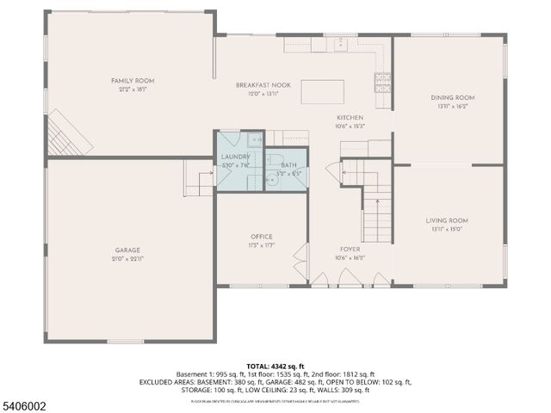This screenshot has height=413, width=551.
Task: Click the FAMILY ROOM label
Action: point(133,81)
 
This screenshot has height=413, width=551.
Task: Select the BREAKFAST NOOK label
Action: point(263,85)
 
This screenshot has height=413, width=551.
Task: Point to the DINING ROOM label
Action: point(452,97)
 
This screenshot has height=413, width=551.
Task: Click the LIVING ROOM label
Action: point(446,220)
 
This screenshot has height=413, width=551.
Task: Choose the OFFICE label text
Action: point(262,237)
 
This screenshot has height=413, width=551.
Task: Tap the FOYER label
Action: point(350,249)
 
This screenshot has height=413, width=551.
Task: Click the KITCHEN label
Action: point(350,118)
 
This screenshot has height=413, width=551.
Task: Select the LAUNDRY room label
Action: point(235,156)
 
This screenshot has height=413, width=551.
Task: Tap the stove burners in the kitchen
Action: point(380,82)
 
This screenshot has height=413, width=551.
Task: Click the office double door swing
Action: point(299,262)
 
